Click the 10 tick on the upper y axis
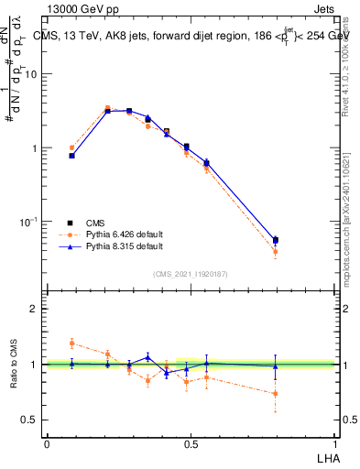(30, 74)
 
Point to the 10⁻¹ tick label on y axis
(28, 222)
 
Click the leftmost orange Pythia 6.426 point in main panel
(72, 147)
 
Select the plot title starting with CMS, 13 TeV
(192, 36)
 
